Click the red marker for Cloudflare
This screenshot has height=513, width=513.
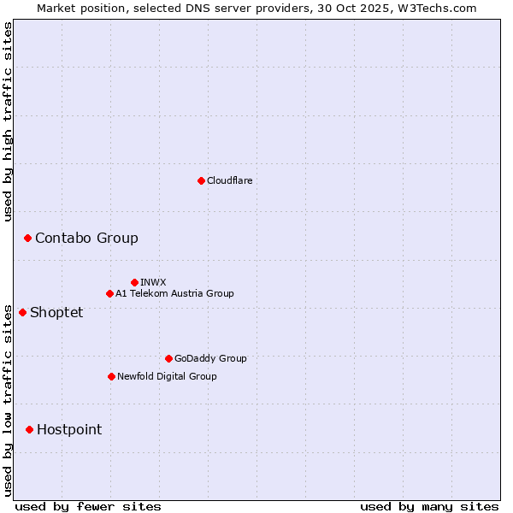pos(201,180)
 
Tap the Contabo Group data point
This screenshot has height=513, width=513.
pos(27,238)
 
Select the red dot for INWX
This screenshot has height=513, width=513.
pos(134,282)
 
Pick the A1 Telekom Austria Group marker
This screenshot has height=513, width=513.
pos(109,293)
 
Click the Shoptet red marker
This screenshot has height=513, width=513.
pos(22,312)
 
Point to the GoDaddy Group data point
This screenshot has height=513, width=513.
pos(168,358)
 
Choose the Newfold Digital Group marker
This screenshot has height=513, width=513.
pos(111,376)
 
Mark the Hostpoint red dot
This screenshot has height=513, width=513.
pos(29,429)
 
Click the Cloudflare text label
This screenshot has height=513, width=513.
pos(229,180)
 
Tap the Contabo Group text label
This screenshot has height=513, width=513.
pos(86,238)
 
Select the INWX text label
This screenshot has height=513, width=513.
pos(153,282)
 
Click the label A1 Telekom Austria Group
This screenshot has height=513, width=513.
pos(174,293)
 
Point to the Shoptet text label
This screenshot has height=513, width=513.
pos(56,312)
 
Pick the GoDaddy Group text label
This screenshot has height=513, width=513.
pos(210,358)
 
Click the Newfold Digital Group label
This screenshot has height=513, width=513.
pos(167,376)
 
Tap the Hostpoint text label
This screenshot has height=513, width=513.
pos(69,429)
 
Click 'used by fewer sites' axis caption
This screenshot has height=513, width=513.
pos(88,506)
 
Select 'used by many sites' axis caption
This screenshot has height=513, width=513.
pos(429,506)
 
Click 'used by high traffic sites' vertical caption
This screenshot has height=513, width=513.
pos(8,121)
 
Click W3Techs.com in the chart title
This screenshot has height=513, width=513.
pos(434,8)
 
